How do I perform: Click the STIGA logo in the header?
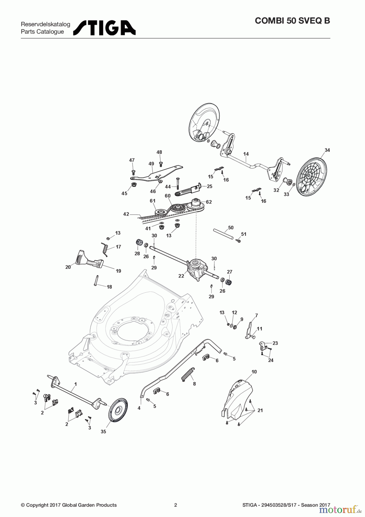point(104,28)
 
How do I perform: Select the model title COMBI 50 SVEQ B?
point(292,21)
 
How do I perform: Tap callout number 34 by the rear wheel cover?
point(327,150)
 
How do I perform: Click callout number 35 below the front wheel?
point(103,431)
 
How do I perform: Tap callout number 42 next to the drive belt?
point(126,214)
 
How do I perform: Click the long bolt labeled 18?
point(96,280)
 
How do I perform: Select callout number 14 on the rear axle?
point(246,154)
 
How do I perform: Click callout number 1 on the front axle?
point(75,384)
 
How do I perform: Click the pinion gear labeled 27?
point(229,281)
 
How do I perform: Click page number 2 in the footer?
point(176,505)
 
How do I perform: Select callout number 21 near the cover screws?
point(260,410)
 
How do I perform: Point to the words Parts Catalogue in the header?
point(42,32)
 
